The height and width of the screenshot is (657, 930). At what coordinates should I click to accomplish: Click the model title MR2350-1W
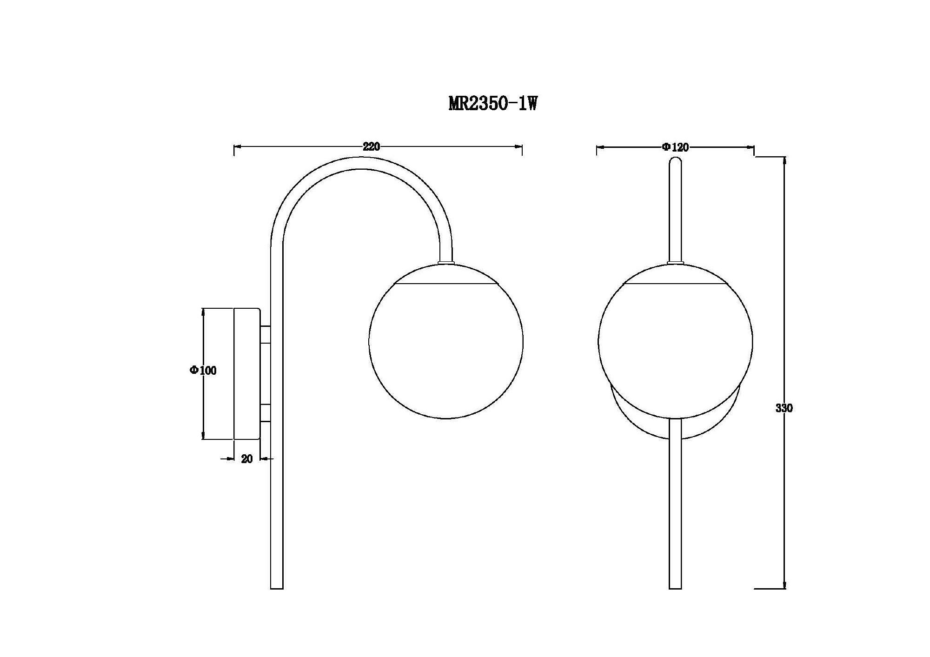(493, 103)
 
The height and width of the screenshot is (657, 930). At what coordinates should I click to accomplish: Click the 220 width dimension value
(372, 147)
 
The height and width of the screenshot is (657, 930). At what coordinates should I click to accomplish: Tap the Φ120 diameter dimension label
(676, 147)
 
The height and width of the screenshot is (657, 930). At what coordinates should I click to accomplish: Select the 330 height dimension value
(784, 408)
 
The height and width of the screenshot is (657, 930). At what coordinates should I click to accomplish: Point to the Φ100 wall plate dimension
(203, 371)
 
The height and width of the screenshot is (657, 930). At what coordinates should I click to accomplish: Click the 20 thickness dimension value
(247, 459)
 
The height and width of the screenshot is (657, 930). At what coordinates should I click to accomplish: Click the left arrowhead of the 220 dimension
(237, 147)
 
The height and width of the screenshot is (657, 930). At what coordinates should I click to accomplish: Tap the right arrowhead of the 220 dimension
(518, 147)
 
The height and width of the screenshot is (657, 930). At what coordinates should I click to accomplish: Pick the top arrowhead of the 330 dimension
(785, 161)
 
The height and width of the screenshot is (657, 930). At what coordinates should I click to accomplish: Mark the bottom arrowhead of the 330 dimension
(785, 585)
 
